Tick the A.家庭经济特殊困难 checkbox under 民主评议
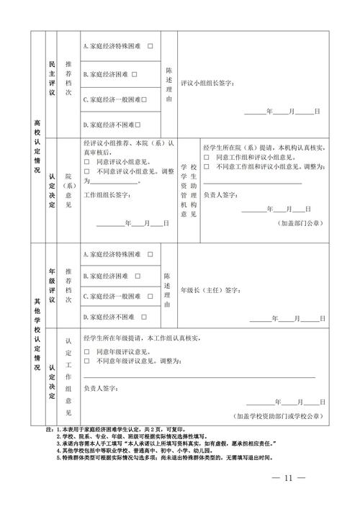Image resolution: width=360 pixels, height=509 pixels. coord(151,46)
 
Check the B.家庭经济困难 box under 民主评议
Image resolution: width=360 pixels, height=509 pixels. coord(135,73)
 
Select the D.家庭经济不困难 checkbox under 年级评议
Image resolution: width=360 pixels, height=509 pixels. coord(147,317)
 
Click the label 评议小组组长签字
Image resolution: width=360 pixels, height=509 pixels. coord(207,84)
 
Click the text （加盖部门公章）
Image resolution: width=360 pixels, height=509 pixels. coord(302,224)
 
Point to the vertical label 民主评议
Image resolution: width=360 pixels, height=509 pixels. coord(52,79)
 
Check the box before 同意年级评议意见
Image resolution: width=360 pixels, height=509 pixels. coord(86,351)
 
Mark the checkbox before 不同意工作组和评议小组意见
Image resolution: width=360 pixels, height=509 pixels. coord(207,167)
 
